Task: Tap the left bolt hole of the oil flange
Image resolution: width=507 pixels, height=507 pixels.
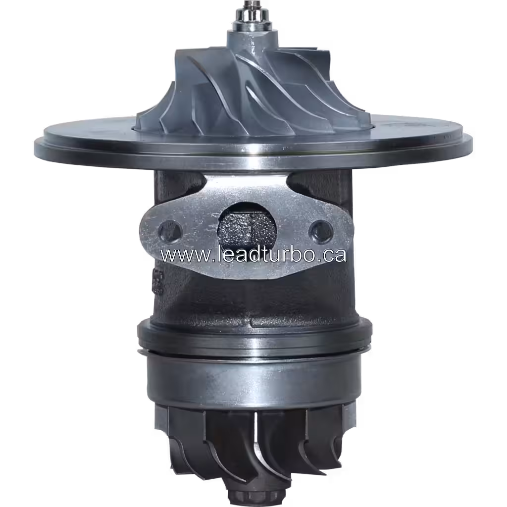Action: point(170,231)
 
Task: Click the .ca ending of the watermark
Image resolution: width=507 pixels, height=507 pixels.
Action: point(332,254)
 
